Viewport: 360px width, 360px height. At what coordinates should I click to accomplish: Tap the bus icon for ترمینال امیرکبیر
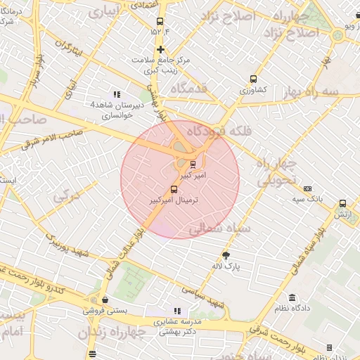(174, 189)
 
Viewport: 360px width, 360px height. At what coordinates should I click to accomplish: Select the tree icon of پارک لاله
(226, 255)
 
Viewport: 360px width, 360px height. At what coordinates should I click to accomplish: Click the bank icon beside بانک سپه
(307, 188)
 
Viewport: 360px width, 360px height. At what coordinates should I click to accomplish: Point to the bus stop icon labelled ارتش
(342, 203)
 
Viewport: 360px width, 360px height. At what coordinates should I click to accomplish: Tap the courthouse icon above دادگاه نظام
(292, 298)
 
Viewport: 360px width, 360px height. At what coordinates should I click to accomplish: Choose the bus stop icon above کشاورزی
(253, 79)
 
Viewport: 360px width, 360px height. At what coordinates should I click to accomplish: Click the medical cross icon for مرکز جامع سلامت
(161, 49)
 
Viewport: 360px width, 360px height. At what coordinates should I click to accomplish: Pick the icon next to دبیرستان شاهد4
(117, 94)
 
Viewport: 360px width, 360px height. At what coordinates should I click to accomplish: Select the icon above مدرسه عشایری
(176, 311)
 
